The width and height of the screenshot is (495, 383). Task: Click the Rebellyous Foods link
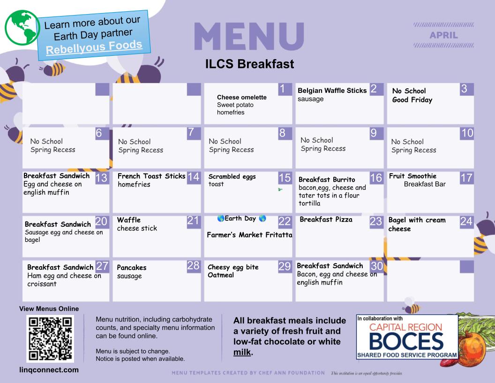click(x=94, y=47)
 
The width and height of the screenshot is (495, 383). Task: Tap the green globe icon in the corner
click(x=22, y=28)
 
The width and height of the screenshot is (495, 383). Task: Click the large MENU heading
click(x=249, y=36)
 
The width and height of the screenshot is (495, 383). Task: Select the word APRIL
click(x=443, y=35)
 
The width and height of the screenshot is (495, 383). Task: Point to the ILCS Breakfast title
click(x=249, y=64)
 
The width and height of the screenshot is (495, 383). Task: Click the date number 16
click(x=376, y=178)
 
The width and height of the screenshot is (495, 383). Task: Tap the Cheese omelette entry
click(x=242, y=97)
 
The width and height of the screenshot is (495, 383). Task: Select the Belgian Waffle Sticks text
click(x=332, y=91)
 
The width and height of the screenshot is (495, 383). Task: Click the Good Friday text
click(x=412, y=100)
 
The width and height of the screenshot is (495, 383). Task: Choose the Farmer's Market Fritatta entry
click(x=249, y=235)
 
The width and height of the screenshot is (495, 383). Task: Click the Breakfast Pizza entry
click(x=326, y=219)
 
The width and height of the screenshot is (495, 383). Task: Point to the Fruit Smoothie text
click(x=412, y=176)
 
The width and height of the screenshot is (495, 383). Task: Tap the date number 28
click(x=193, y=266)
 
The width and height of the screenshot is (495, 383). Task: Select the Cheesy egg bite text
click(x=233, y=268)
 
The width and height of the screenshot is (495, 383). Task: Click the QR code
click(x=50, y=339)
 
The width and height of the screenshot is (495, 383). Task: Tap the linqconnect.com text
click(x=49, y=370)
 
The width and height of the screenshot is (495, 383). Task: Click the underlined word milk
click(x=242, y=352)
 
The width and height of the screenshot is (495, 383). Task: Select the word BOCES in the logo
click(x=406, y=342)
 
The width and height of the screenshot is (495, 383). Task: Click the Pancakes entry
click(x=132, y=268)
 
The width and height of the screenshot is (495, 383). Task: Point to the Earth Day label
click(x=240, y=218)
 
